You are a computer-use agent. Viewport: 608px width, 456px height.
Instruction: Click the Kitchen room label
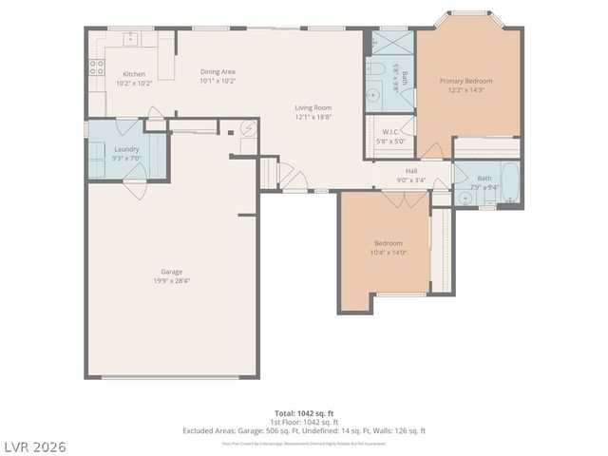133,73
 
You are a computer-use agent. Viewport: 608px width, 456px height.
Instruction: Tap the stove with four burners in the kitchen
96,66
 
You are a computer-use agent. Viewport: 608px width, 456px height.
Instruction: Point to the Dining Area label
218,72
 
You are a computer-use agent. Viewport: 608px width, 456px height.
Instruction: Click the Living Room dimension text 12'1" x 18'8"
312,117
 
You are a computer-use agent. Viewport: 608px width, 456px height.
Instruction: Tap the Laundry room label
126,149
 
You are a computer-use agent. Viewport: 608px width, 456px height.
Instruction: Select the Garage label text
172,272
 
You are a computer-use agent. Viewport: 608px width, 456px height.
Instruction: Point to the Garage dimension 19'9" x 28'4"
172,281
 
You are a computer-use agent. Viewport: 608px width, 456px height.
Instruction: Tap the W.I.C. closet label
390,132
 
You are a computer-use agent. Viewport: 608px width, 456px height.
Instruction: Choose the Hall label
411,171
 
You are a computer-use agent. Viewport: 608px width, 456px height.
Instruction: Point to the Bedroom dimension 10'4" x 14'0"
387,252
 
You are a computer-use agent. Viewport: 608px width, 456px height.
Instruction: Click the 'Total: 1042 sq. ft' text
303,413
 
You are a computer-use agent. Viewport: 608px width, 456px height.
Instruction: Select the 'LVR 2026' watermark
34,446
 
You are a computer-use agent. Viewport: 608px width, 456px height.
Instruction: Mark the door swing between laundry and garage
136,186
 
